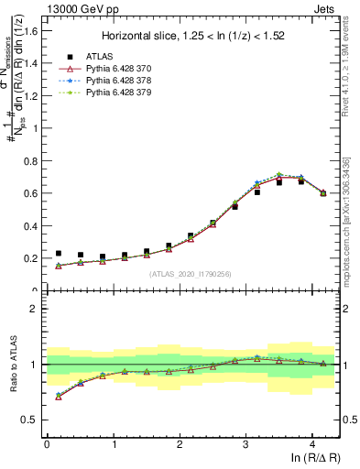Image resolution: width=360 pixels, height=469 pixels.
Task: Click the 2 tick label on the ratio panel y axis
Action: (x=36, y=309)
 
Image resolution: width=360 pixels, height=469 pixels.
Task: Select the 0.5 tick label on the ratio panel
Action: (x=32, y=420)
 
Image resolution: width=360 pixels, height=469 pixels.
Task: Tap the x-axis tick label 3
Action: (x=245, y=444)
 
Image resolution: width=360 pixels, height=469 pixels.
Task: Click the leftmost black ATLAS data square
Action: (x=59, y=254)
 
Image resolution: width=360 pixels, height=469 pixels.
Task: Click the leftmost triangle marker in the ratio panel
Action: (x=59, y=397)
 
